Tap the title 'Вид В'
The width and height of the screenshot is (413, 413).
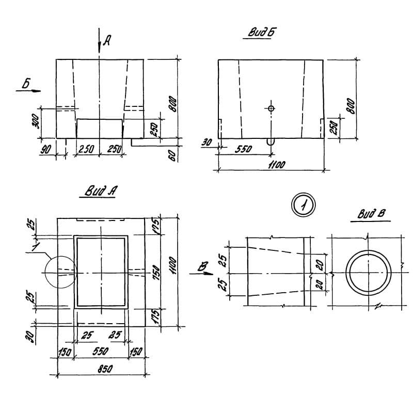tap(369, 214)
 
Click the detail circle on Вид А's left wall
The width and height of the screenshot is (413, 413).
tap(59, 272)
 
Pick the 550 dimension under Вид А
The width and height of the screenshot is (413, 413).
tap(101, 351)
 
